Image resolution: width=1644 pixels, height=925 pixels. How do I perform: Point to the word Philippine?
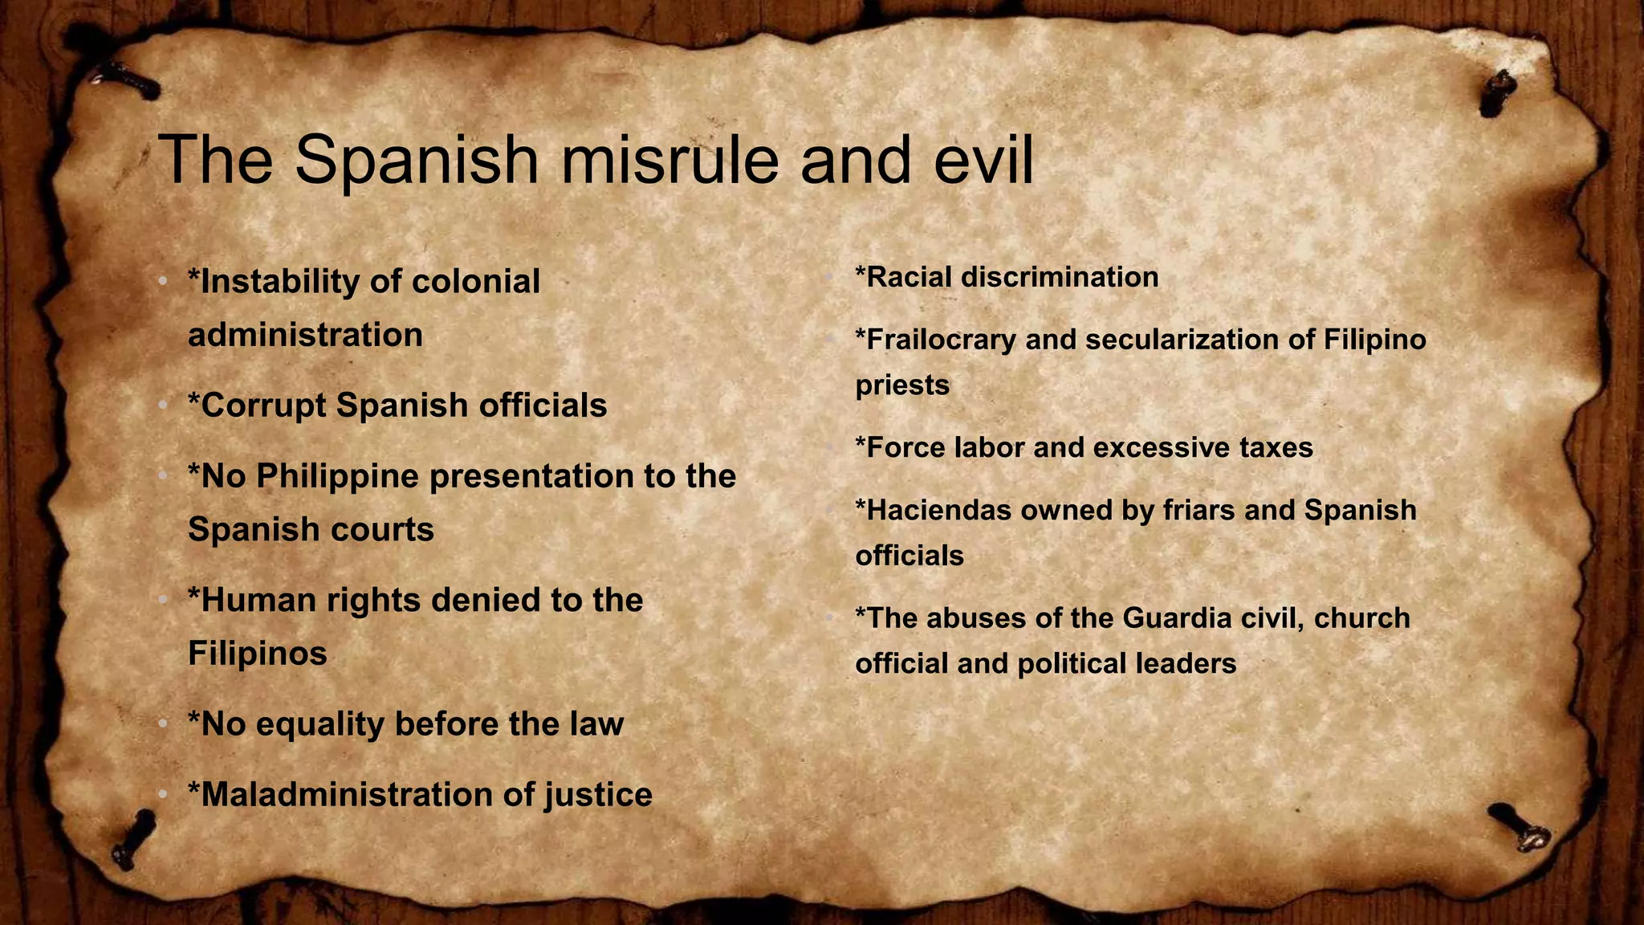[338, 477]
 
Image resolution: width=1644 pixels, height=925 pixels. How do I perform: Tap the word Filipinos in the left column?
[258, 654]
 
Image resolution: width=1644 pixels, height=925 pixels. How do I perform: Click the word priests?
[902, 385]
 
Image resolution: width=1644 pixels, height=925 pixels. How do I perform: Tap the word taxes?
[1276, 448]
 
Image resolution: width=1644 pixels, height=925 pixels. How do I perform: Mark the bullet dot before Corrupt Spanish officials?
[163, 405]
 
